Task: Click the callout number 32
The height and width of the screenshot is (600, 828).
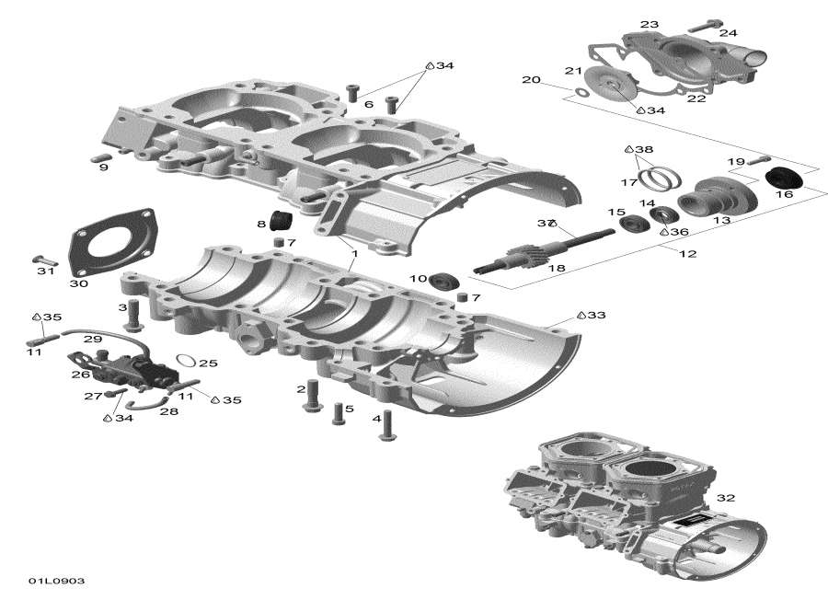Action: (x=726, y=498)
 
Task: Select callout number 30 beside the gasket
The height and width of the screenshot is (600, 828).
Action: (x=79, y=284)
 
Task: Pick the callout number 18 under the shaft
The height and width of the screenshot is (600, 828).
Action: (x=556, y=268)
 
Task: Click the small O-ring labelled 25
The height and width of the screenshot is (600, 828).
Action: (x=184, y=360)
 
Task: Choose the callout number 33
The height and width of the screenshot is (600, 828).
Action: (x=597, y=316)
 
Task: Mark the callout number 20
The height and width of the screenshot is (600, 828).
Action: (x=531, y=80)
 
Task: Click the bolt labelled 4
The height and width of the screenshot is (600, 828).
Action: (x=386, y=426)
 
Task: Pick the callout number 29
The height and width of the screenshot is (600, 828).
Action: (x=92, y=340)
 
